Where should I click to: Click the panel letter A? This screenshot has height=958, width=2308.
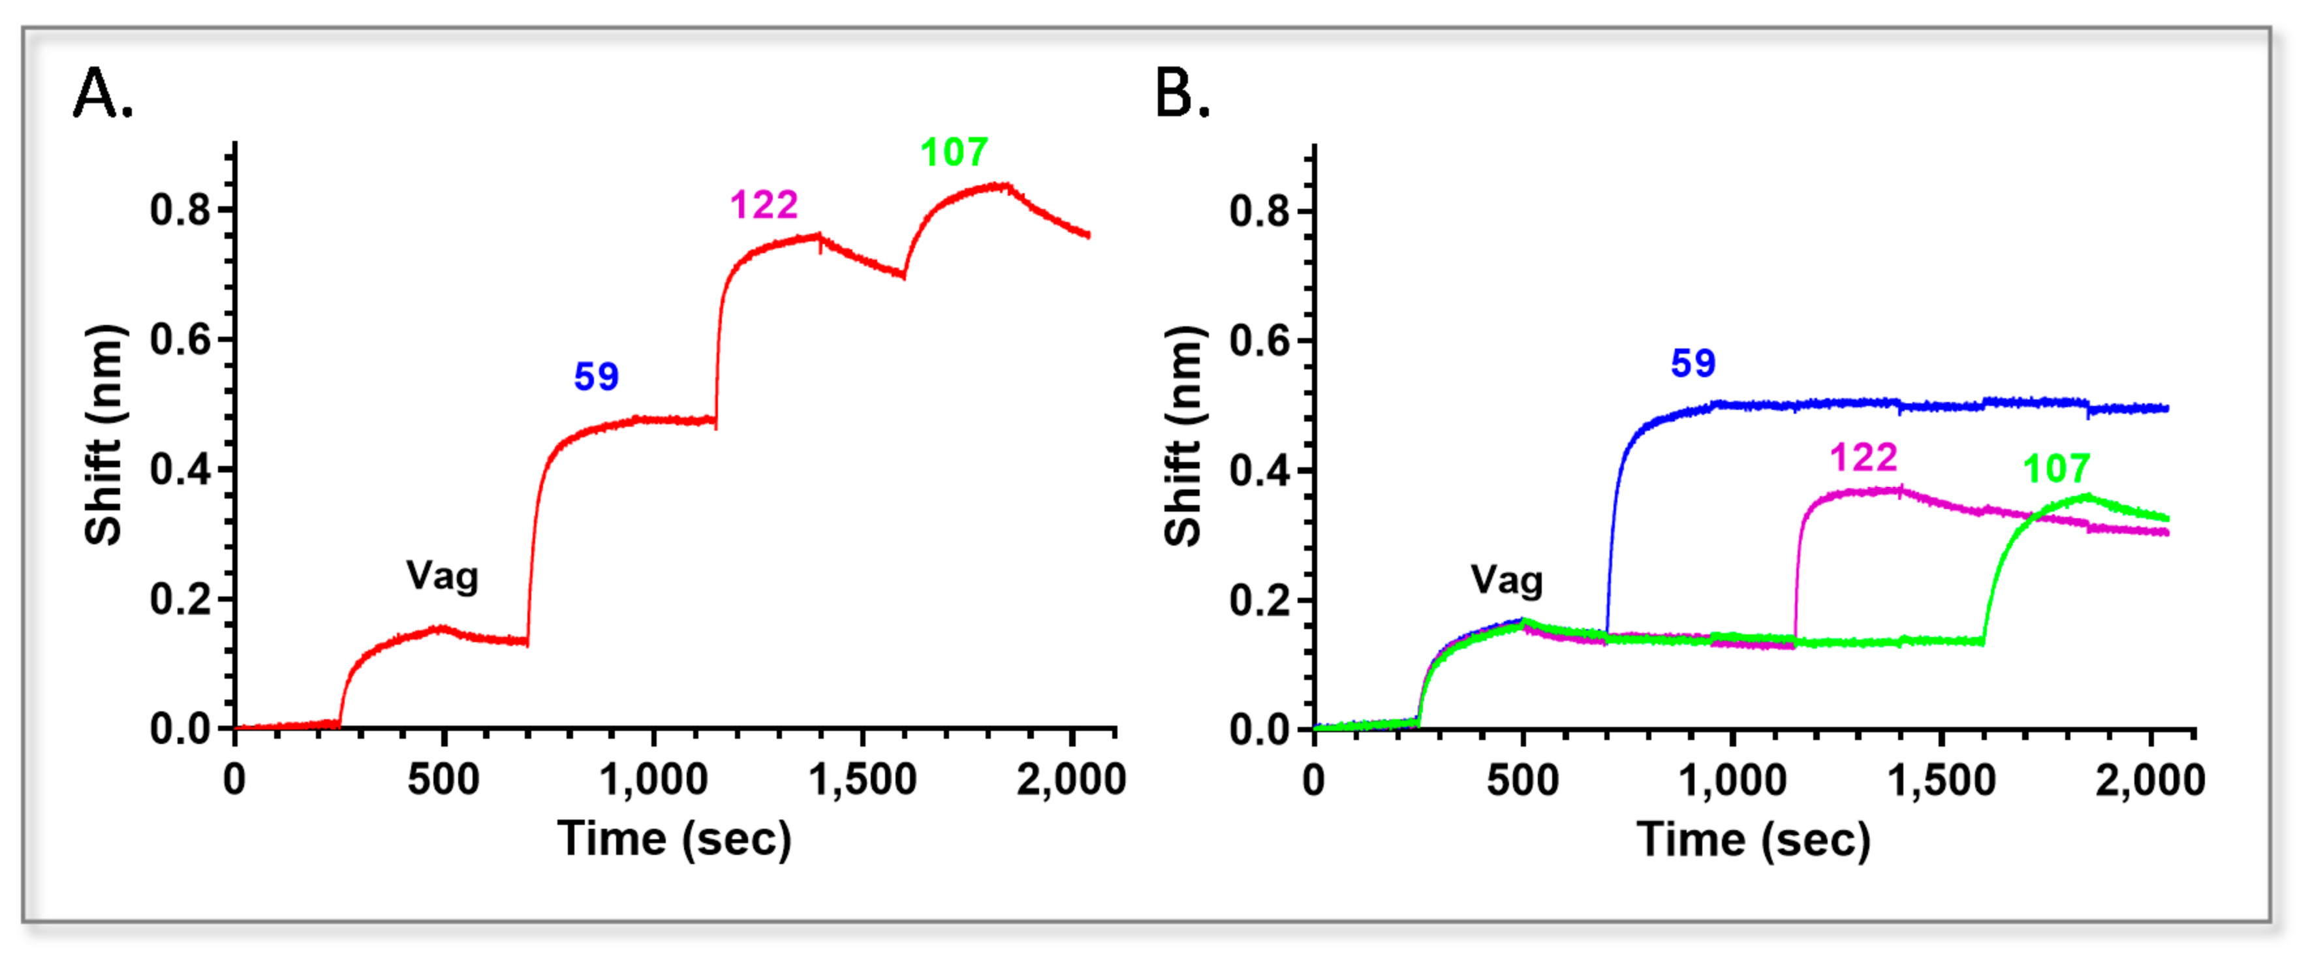pos(102,93)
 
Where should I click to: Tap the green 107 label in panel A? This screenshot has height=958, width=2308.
pos(954,152)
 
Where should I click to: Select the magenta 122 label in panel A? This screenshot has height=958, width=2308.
pos(764,205)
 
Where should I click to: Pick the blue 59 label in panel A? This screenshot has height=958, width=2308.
pos(596,377)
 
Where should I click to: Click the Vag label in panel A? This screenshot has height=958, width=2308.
pos(443,576)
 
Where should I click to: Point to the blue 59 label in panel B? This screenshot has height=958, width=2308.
pos(1692,363)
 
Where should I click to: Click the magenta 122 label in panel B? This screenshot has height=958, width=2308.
pos(1864,458)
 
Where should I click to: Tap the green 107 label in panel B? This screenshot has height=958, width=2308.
pos(2056,469)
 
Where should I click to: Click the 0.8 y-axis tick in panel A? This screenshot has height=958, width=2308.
pos(180,209)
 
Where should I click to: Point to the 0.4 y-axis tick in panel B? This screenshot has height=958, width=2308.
pos(1259,471)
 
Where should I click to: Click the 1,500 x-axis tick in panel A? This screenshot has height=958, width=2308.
pos(862,780)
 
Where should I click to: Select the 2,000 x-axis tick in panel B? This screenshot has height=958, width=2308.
pos(2149,780)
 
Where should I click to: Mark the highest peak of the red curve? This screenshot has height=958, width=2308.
pos(1003,185)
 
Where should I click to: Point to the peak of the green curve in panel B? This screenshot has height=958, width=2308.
pos(2086,495)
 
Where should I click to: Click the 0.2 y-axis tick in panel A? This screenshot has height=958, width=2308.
pos(180,600)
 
